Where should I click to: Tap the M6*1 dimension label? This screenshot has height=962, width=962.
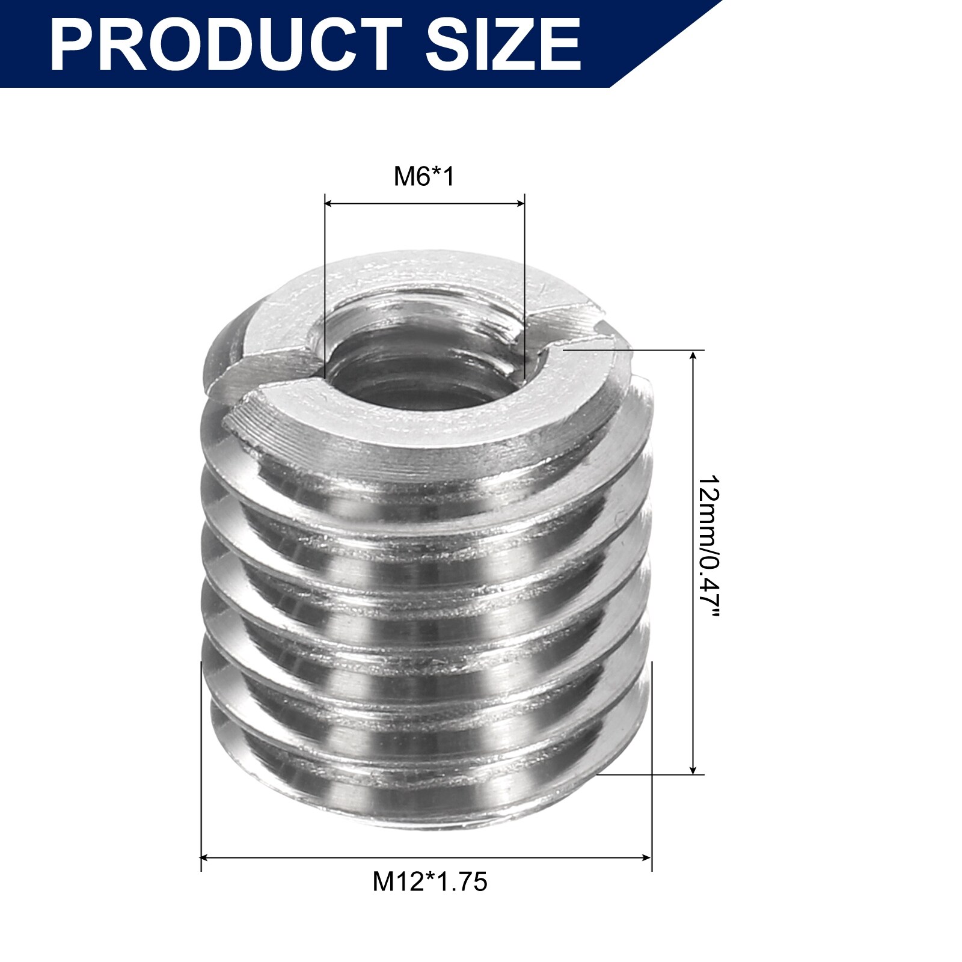424,176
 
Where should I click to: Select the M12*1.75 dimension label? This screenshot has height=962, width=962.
430,882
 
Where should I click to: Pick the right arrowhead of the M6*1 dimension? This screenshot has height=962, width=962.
520,204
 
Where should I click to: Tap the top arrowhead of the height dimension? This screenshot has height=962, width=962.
694,357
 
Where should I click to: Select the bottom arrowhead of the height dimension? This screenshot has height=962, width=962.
694,768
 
